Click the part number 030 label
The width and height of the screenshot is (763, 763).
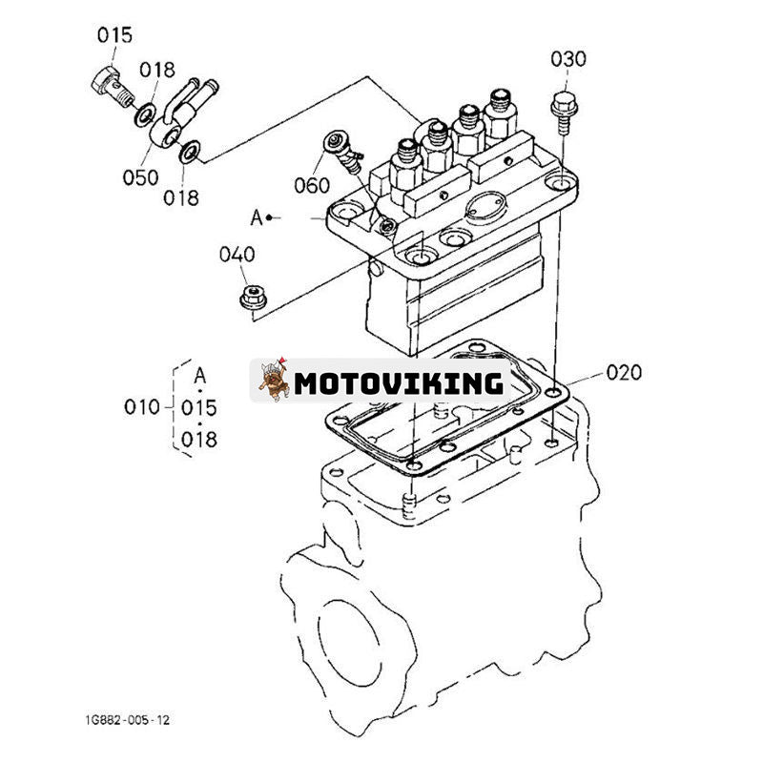(567, 59)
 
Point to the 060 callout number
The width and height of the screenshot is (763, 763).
(312, 185)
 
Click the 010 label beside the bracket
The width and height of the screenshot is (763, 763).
(141, 407)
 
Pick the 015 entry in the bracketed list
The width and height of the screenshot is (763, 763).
(199, 407)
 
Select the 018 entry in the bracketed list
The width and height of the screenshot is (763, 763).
(199, 439)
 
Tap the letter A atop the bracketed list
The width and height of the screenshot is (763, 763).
(199, 375)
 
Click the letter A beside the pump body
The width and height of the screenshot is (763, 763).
(256, 217)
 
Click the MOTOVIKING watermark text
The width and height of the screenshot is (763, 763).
(398, 383)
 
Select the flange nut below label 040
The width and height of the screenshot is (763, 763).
(251, 297)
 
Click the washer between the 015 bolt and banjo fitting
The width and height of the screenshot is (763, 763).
(147, 114)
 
